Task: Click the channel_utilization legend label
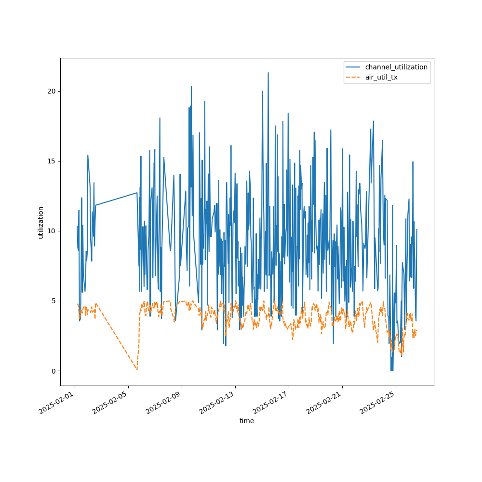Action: click(x=396, y=67)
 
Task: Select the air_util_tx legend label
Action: click(x=381, y=77)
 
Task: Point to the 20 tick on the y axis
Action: click(x=51, y=91)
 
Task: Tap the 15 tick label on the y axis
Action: click(x=51, y=161)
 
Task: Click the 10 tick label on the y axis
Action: click(x=51, y=231)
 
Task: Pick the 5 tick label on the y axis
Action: click(x=53, y=301)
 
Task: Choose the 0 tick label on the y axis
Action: click(x=53, y=371)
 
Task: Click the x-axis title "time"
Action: click(x=247, y=421)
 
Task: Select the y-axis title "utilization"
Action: click(x=41, y=222)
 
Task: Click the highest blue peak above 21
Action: click(x=268, y=73)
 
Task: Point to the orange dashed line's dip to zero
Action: click(x=137, y=370)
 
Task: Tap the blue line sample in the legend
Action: click(x=354, y=67)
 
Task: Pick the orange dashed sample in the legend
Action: click(x=354, y=77)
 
